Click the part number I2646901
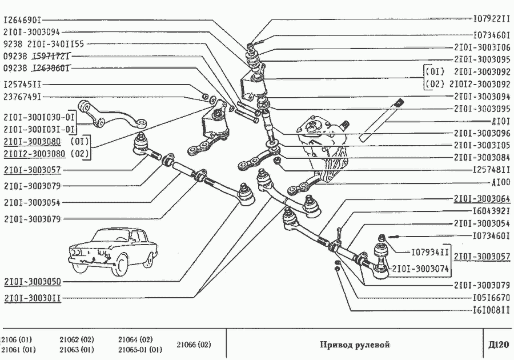(23, 19)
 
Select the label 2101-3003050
(32, 282)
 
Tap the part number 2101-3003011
(32, 298)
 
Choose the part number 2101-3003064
(482, 199)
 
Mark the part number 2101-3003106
(482, 47)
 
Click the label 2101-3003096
(482, 133)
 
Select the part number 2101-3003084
(482, 157)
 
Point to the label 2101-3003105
(482, 145)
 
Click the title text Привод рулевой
(354, 345)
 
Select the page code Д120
(499, 345)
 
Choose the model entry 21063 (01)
(77, 350)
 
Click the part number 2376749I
(22, 97)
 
